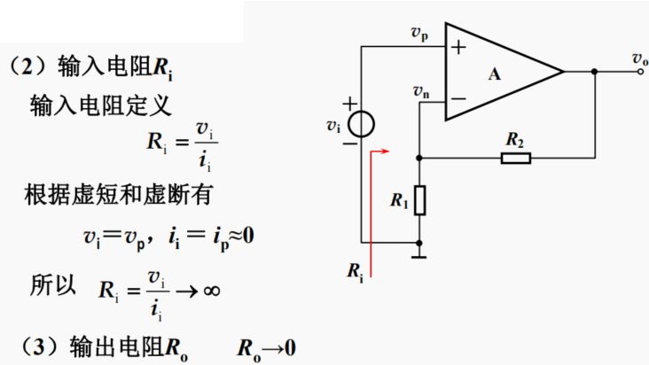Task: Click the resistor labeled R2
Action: tap(515, 158)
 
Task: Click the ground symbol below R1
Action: tap(419, 256)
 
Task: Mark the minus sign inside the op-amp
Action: tap(457, 98)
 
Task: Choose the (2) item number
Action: tap(29, 67)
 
